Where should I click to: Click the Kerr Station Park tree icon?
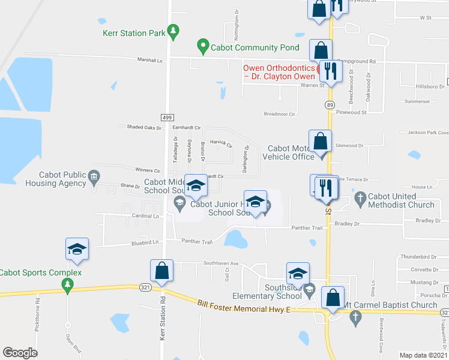pyautogui.click(x=173, y=32)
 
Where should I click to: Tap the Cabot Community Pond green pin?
pyautogui.click(x=203, y=45)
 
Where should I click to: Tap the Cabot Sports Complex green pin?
pyautogui.click(x=68, y=283)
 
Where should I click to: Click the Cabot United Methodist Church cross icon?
pyautogui.click(x=360, y=197)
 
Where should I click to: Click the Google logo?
pyautogui.click(x=20, y=353)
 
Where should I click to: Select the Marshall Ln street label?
pyautogui.click(x=150, y=61)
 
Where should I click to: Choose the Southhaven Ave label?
pyautogui.click(x=221, y=263)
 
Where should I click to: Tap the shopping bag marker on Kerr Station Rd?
pyautogui.click(x=162, y=271)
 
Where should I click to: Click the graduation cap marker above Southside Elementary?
pyautogui.click(x=298, y=274)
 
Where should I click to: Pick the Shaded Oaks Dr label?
pyautogui.click(x=145, y=127)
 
